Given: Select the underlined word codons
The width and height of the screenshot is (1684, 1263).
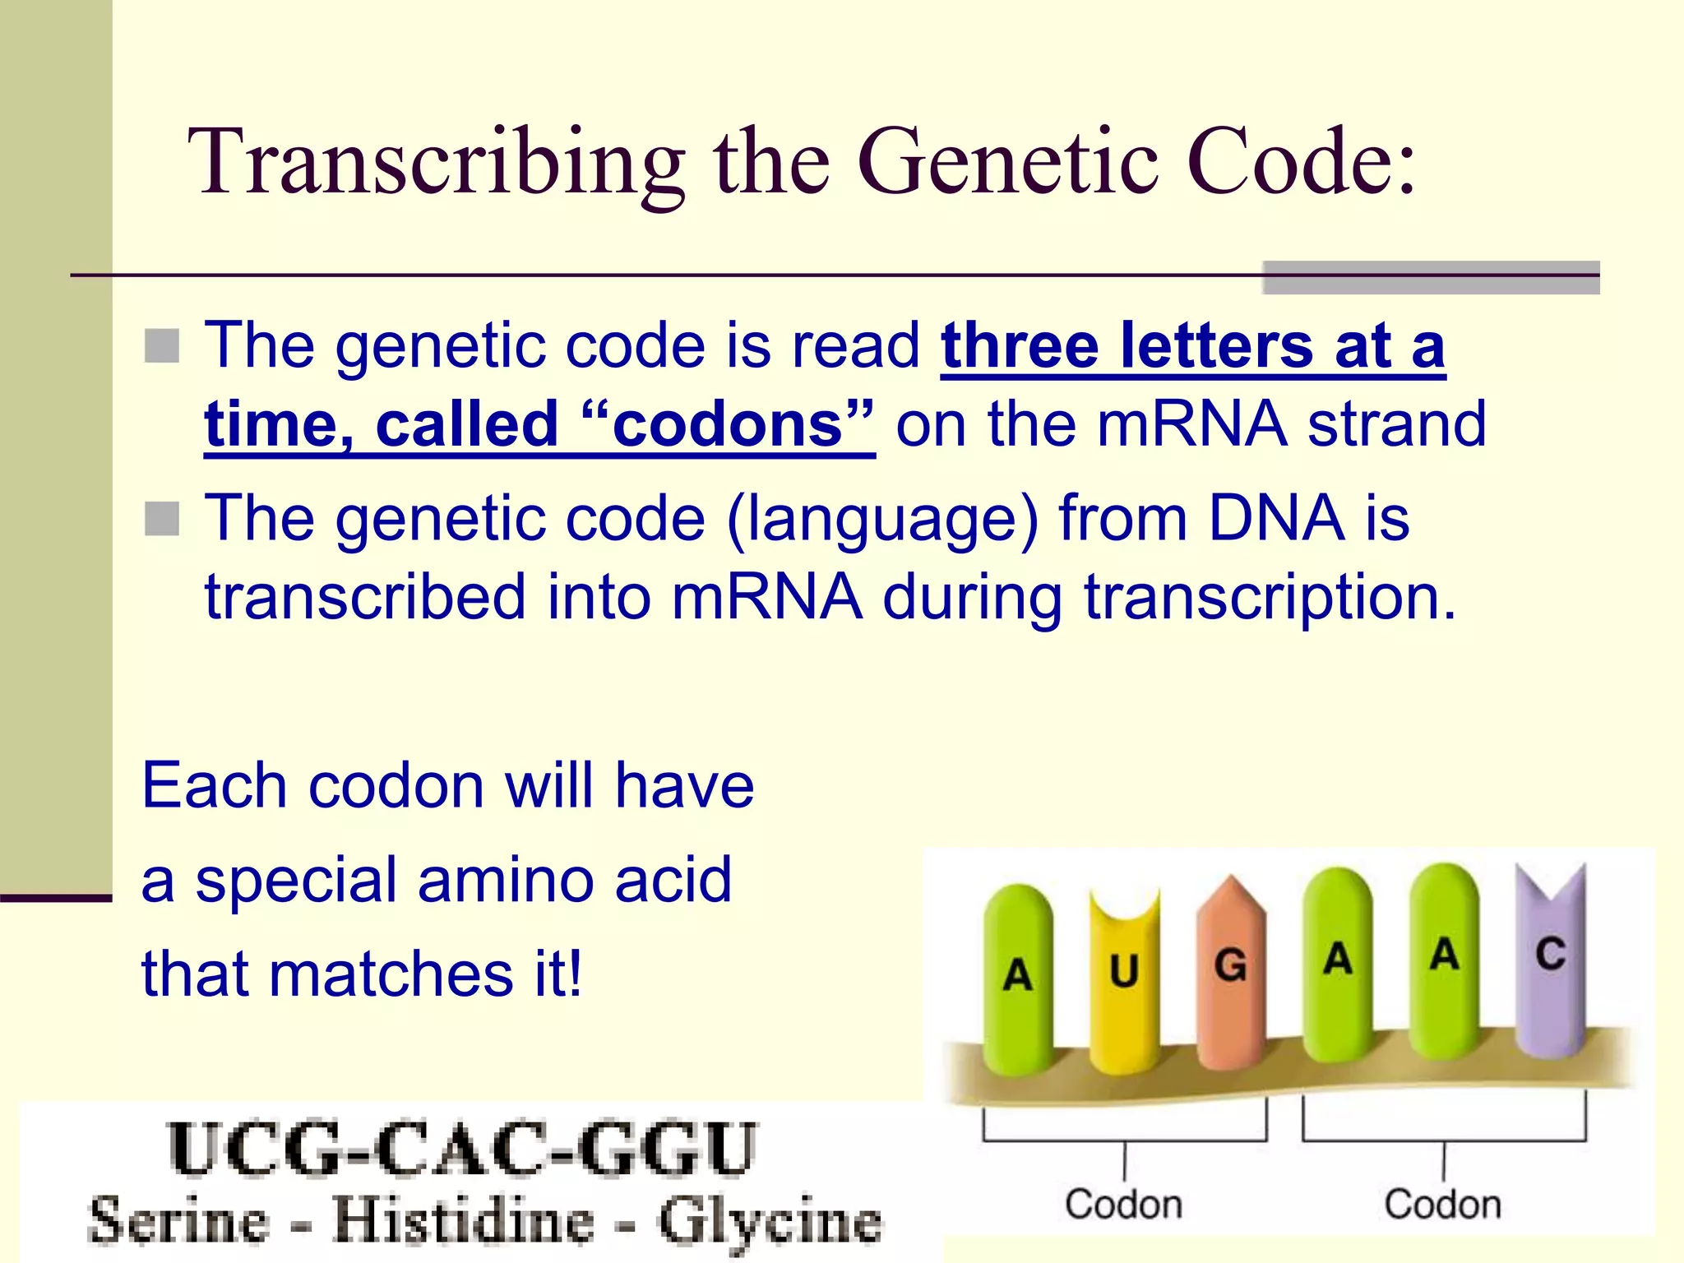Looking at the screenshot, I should pos(729,424).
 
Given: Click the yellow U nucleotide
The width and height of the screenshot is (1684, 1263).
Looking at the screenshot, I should pos(1124,978).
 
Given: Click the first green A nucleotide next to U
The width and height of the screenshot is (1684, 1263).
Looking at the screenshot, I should pos(1018,978).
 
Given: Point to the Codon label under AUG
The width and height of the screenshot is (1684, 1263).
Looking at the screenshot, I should pos(1123,1204).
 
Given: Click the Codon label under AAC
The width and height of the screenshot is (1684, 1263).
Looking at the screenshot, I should pos(1442,1204).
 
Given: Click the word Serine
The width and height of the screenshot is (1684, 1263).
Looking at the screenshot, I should pos(178,1220).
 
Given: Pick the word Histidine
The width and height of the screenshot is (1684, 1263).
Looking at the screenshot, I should pos(463,1220).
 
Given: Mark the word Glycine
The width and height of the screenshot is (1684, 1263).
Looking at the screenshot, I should pos(769,1222).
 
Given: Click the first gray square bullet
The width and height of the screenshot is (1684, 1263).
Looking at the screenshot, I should pos(162,346).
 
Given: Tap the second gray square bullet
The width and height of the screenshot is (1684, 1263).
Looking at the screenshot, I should pos(162,519).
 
